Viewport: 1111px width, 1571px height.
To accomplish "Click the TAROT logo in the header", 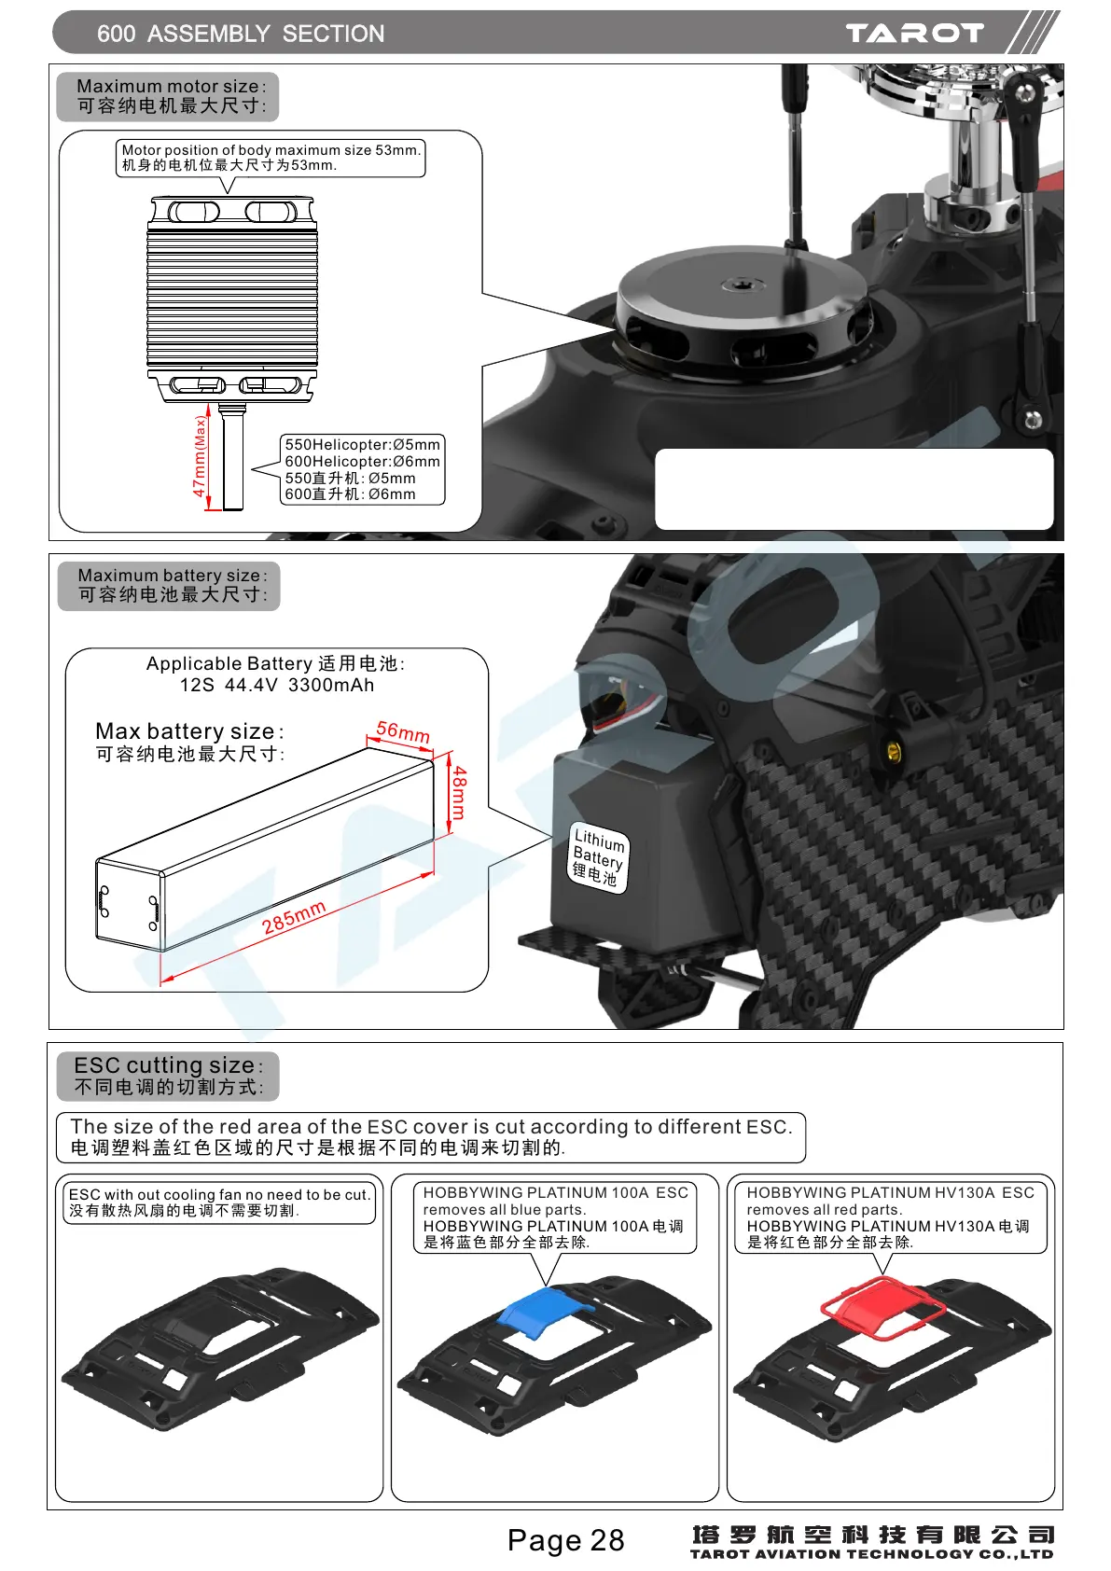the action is pos(914,34).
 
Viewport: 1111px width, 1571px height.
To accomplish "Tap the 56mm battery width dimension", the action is pos(403,732).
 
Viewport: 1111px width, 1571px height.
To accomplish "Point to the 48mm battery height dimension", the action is pos(458,792).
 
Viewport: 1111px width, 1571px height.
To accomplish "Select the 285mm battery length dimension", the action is pos(294,917).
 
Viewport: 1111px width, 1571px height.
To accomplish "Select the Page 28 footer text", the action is pos(565,1540).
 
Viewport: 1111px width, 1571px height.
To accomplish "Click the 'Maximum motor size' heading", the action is pos(171,86).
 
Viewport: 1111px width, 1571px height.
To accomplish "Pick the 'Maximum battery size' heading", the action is pos(172,576).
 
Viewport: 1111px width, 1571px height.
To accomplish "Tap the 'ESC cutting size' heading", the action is pos(168,1065).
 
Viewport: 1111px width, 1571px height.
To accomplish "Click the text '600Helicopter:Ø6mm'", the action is pos(362,462).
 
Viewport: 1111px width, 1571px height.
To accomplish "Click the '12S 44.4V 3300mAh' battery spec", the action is pos(277,685).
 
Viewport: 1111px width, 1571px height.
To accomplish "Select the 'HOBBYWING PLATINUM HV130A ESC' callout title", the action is pos(890,1192).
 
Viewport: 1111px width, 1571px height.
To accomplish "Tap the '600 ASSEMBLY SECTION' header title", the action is pos(241,34).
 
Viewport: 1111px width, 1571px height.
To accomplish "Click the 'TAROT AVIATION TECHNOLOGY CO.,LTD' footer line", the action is pos(871,1554).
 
